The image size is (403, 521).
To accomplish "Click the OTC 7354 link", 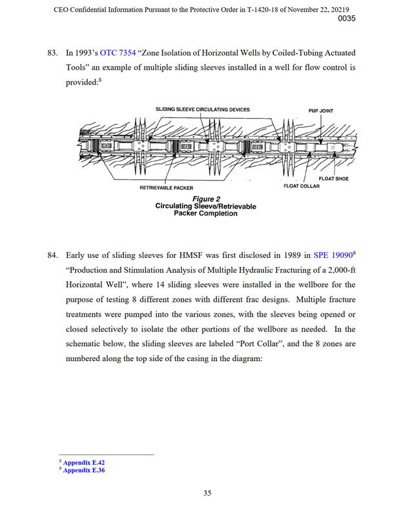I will point(118,52).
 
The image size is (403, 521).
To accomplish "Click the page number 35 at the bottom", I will point(207,493).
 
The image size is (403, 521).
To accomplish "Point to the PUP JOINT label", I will point(322,110).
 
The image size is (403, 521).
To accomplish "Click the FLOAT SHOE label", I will point(333,179).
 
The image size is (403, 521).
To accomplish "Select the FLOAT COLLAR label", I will point(302,186).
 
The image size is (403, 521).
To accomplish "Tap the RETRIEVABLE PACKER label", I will point(166,188).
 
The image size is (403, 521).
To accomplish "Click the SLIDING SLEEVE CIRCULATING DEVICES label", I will point(203,110).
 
